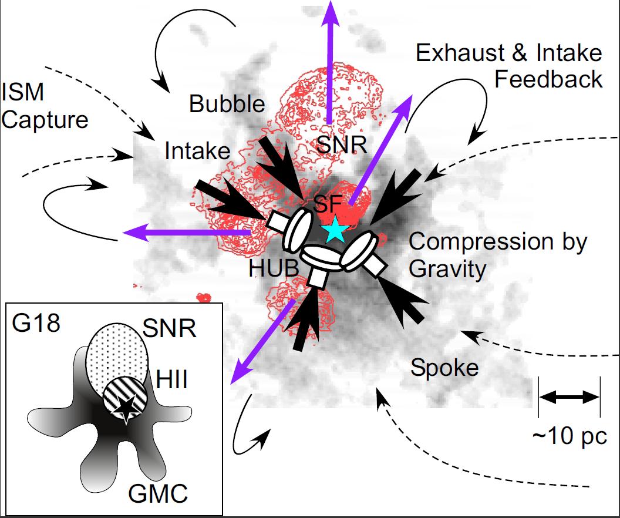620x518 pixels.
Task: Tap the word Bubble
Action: [x=227, y=104]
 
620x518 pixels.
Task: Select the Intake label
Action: [x=197, y=151]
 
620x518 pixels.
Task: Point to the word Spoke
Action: [x=444, y=368]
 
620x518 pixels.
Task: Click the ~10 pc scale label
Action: [x=568, y=436]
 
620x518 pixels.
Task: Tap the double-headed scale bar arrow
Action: [x=569, y=398]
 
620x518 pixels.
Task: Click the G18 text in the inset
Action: [x=36, y=324]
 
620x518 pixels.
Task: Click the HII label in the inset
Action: [x=172, y=381]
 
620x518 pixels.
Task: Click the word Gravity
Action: [x=447, y=269]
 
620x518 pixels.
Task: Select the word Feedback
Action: [x=548, y=79]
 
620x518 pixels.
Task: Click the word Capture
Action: [x=45, y=120]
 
